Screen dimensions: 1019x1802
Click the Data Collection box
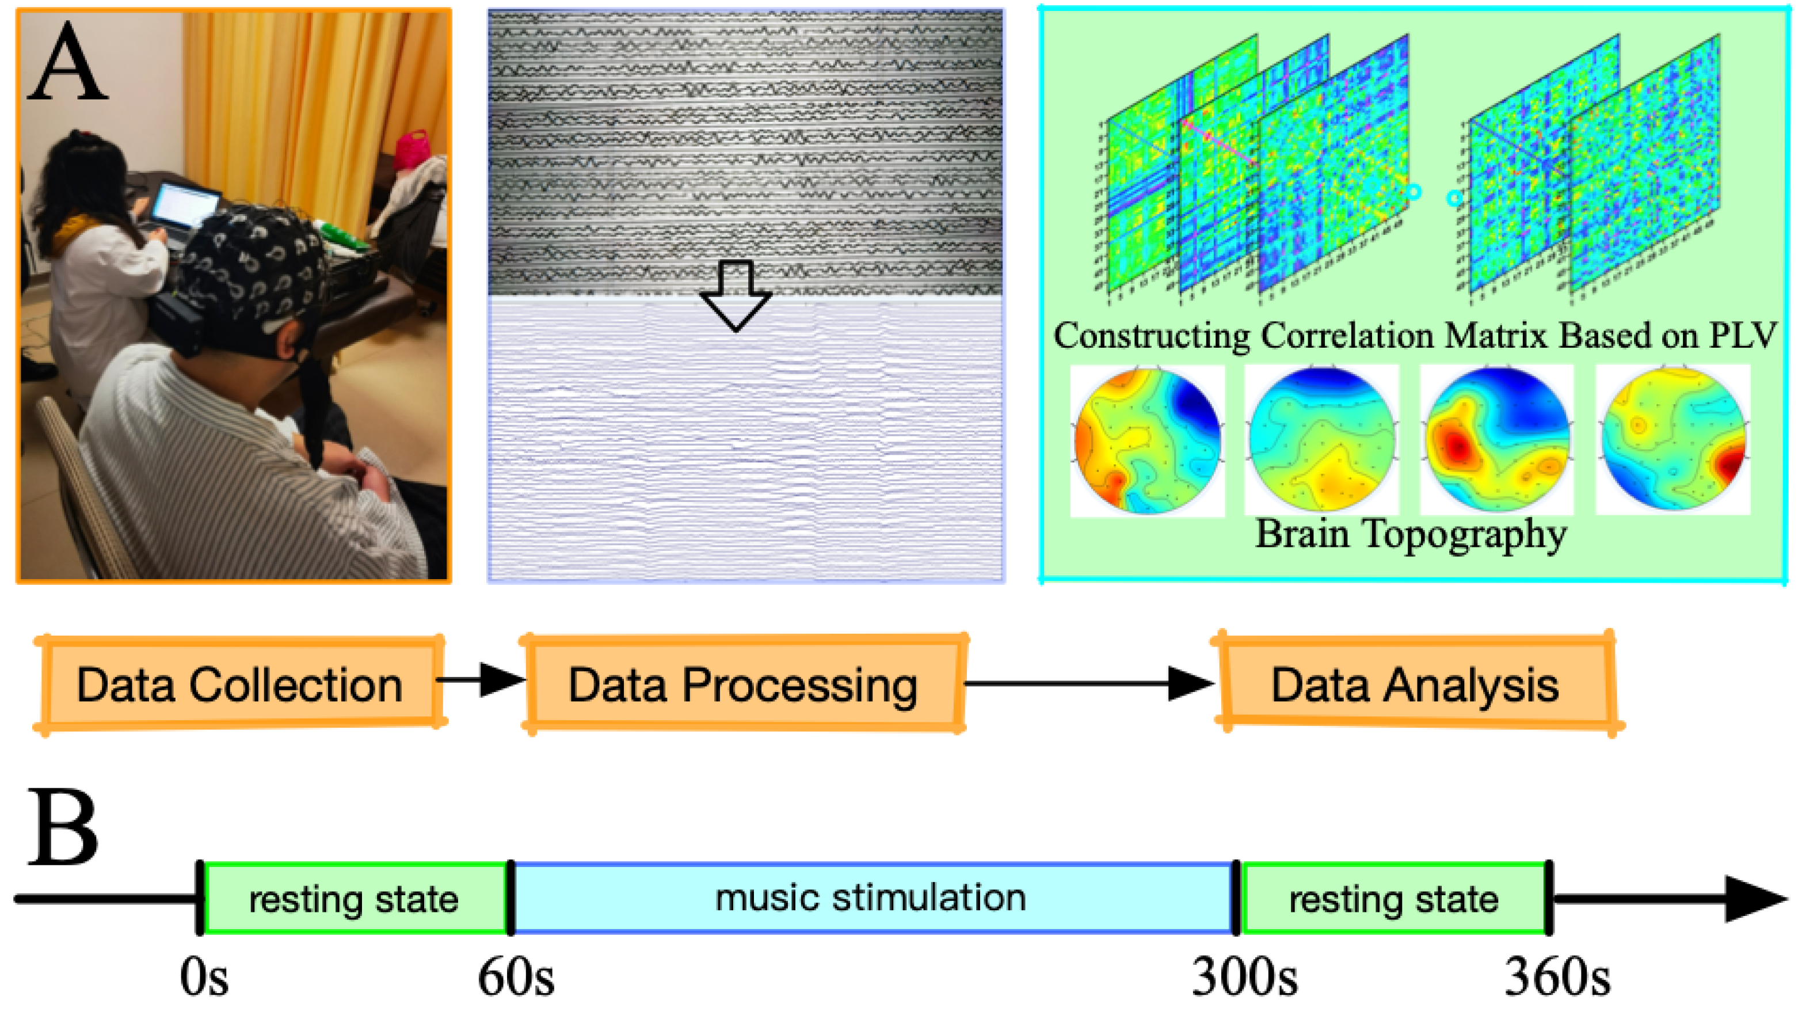[x=239, y=685]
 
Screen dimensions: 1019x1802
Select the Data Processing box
[x=743, y=685]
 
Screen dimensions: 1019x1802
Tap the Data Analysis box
[x=1415, y=685]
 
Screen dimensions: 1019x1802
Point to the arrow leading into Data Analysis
[x=1091, y=683]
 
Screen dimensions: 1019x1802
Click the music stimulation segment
[x=871, y=898]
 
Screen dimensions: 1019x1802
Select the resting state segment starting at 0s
[x=354, y=899]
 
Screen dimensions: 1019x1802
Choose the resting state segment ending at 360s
[x=1393, y=899]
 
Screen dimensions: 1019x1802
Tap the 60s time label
[x=516, y=977]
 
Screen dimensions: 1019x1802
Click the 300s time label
[x=1244, y=977]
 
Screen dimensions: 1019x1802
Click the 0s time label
[x=204, y=977]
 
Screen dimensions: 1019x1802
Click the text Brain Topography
[x=1410, y=535]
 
